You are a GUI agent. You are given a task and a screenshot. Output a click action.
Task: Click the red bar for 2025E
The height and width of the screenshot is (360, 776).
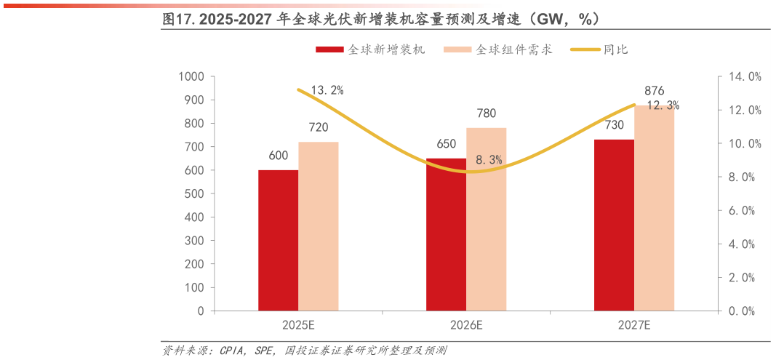tap(278, 240)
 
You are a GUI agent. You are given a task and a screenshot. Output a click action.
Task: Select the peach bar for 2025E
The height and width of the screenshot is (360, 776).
tap(318, 226)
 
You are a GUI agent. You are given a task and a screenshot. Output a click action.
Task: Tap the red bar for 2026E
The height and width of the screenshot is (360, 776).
tap(446, 234)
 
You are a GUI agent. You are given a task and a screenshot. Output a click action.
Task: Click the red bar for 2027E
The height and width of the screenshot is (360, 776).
tap(614, 225)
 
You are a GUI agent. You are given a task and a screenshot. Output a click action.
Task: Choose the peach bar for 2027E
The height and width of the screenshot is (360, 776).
tap(654, 208)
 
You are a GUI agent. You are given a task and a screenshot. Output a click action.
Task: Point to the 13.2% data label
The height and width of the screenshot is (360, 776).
tap(327, 90)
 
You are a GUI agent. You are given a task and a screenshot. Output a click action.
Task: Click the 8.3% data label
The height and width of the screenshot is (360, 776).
tap(489, 159)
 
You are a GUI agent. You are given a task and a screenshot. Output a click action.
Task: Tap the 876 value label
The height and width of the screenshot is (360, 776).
tap(655, 91)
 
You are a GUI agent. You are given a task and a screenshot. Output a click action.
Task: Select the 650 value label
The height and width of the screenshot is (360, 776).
tap(447, 144)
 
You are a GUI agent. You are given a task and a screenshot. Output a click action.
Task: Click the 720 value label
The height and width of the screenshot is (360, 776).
tap(319, 127)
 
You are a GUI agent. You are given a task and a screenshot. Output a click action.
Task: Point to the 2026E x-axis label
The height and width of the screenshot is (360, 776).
tap(466, 325)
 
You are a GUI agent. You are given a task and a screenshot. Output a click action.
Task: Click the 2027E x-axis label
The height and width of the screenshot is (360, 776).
tap(634, 325)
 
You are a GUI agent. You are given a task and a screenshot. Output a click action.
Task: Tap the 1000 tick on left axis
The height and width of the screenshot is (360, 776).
tap(191, 76)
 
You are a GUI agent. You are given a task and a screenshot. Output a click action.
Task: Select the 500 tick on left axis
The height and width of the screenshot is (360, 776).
tap(194, 193)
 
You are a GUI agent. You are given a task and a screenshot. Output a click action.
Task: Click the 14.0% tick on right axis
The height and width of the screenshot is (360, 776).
tap(745, 76)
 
